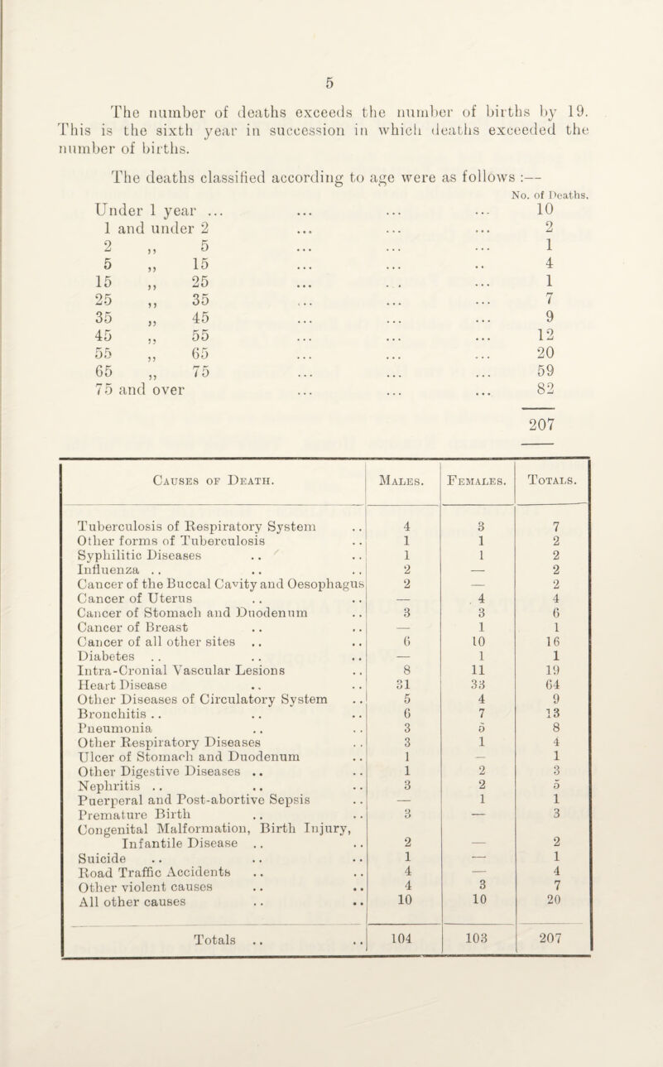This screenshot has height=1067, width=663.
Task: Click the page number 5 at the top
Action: click(329, 83)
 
